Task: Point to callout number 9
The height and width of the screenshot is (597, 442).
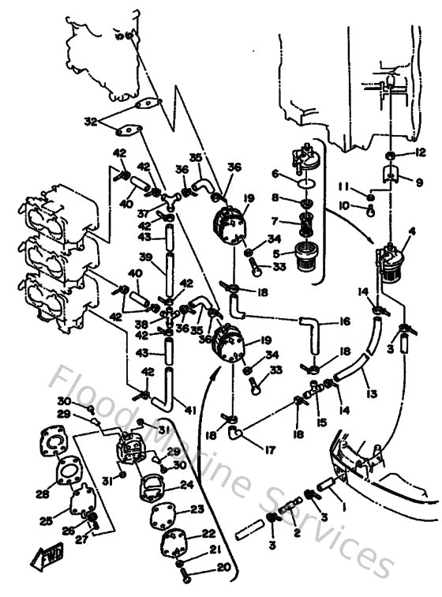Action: pyautogui.click(x=419, y=181)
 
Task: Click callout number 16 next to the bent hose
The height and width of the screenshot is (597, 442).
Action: pyautogui.click(x=344, y=322)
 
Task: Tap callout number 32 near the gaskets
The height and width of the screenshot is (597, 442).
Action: pyautogui.click(x=90, y=122)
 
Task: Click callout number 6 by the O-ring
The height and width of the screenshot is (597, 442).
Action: pyautogui.click(x=275, y=175)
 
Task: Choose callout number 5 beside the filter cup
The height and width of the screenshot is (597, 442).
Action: pyautogui.click(x=275, y=254)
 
